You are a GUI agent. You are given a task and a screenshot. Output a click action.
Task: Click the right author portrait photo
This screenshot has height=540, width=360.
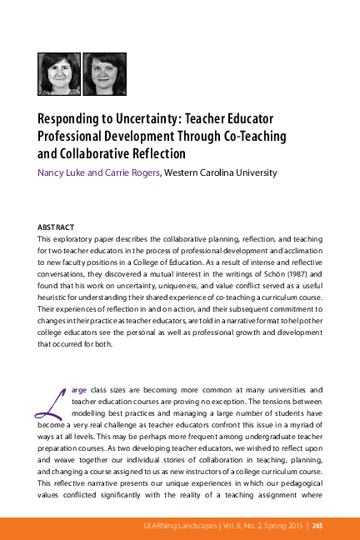(x=102, y=73)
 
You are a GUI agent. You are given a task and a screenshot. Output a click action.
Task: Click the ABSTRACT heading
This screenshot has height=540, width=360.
(x=57, y=227)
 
